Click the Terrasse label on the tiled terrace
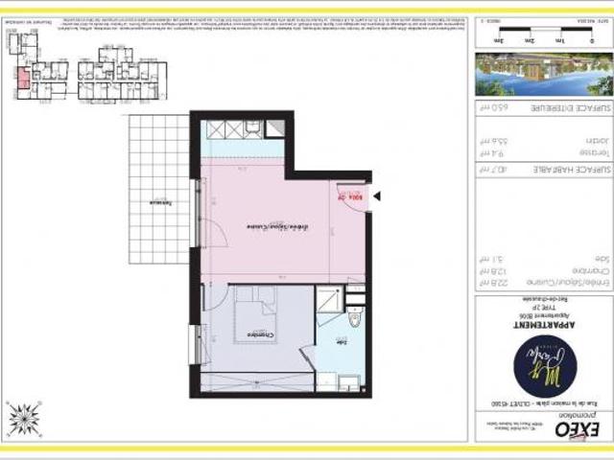(153, 204)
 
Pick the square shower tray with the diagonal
(329, 300)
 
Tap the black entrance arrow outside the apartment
(377, 196)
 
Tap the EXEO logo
(572, 429)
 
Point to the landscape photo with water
(542, 75)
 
